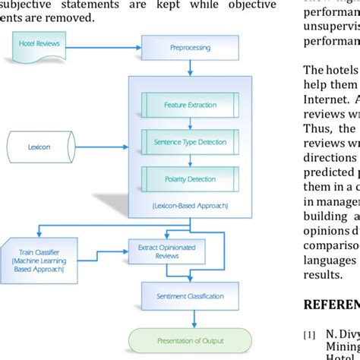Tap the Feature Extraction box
pyautogui.click(x=190, y=104)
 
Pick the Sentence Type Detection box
pyautogui.click(x=190, y=141)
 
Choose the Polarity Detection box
pyautogui.click(x=190, y=178)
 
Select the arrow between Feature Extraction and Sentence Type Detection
pyautogui.click(x=190, y=122)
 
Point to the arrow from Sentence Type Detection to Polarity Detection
pyautogui.click(x=190, y=160)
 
